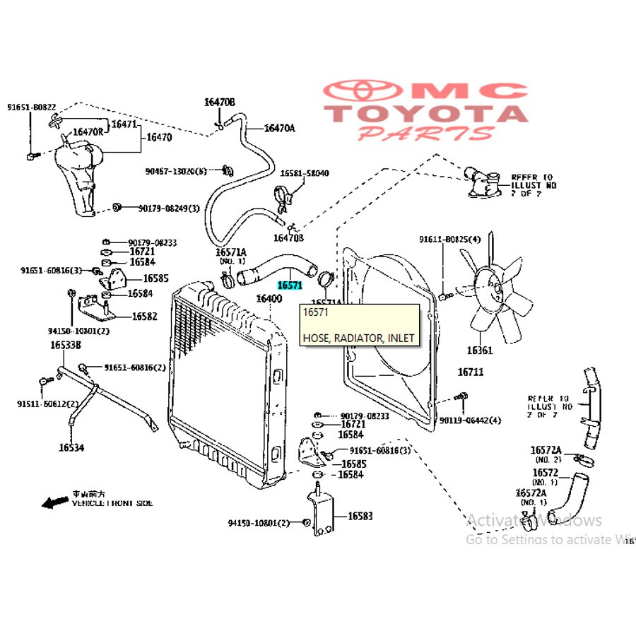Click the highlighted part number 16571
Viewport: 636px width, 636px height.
(x=290, y=285)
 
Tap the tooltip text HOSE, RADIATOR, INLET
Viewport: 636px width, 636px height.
(x=358, y=338)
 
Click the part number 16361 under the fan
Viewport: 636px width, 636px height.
(x=480, y=350)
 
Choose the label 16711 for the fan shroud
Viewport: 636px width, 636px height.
(x=470, y=372)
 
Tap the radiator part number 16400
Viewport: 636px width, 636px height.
(x=269, y=298)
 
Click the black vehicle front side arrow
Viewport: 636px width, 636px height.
(x=54, y=502)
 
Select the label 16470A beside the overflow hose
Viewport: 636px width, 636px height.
(x=279, y=128)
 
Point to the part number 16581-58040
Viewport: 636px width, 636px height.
(x=305, y=173)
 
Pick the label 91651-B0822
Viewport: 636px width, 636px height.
(x=31, y=107)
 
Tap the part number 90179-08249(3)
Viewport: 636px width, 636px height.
(x=169, y=208)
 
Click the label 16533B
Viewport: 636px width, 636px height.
(x=66, y=345)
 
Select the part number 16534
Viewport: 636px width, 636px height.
(x=71, y=447)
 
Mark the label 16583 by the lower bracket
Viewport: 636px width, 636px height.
(x=360, y=516)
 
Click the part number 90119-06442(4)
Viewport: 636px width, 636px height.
(x=470, y=420)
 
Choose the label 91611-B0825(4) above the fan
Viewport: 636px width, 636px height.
(x=449, y=240)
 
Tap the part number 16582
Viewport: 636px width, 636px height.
(x=144, y=317)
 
